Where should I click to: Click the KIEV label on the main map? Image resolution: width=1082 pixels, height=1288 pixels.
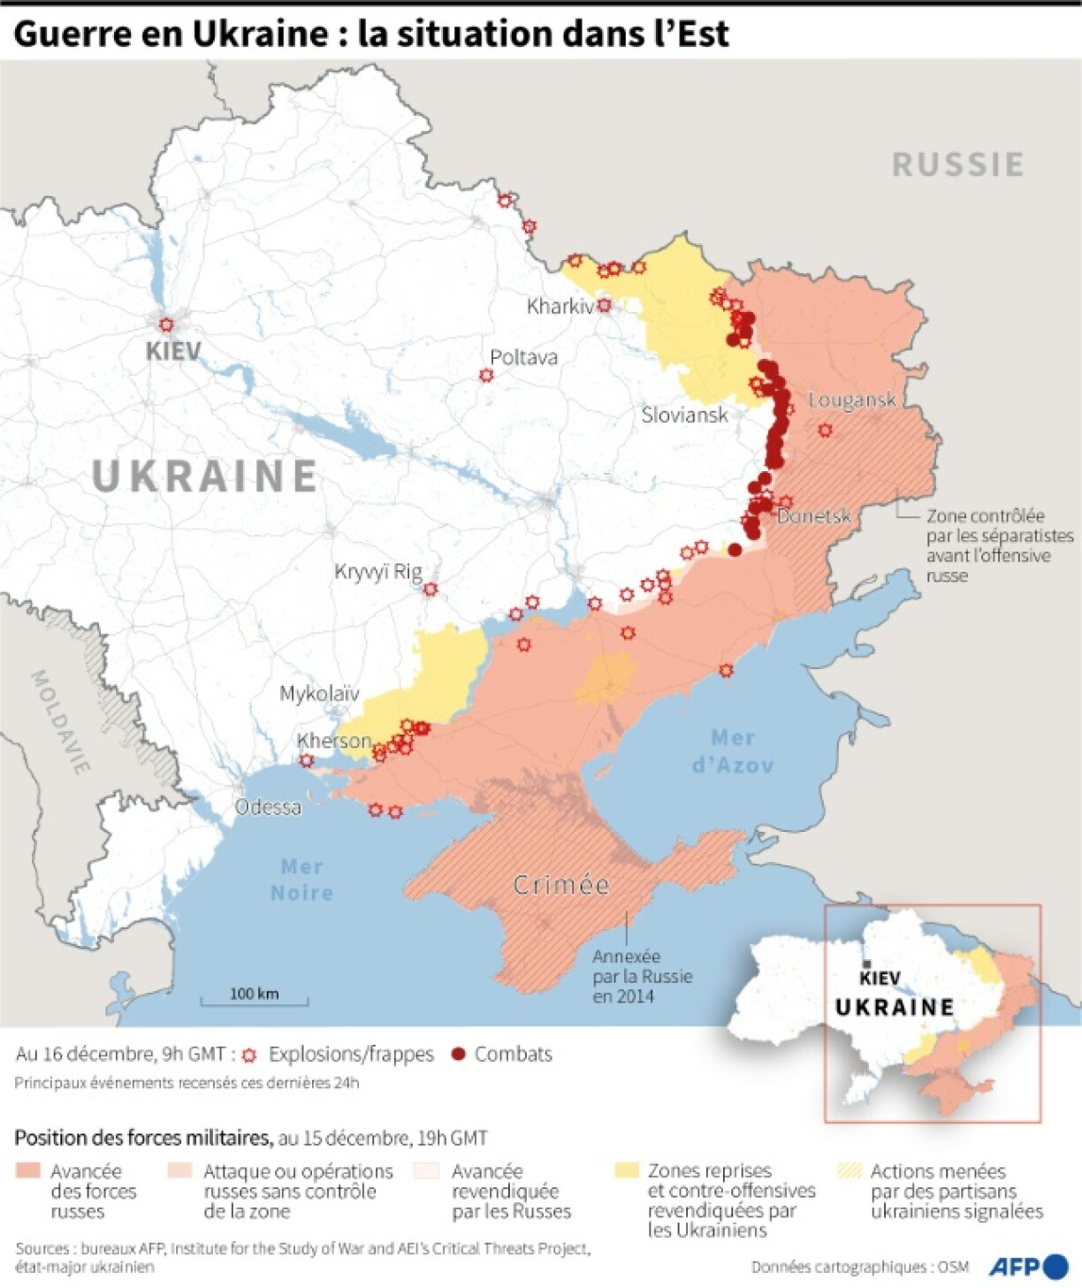pyautogui.click(x=173, y=351)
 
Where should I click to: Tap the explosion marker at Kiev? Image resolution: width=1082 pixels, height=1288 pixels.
pyautogui.click(x=166, y=324)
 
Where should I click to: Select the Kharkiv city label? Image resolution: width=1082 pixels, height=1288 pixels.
pyautogui.click(x=560, y=307)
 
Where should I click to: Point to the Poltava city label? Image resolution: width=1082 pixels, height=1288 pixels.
pyautogui.click(x=523, y=357)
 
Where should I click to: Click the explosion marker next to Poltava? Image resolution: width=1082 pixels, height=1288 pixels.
pyautogui.click(x=485, y=375)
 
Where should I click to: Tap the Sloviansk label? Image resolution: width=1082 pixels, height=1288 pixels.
pyautogui.click(x=684, y=415)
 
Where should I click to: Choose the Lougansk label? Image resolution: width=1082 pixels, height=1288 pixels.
pyautogui.click(x=851, y=400)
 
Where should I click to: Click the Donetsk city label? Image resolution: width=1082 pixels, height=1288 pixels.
pyautogui.click(x=813, y=515)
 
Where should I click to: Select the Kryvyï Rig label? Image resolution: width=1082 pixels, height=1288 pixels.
pyautogui.click(x=377, y=572)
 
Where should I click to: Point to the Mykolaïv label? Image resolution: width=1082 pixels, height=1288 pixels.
pyautogui.click(x=319, y=693)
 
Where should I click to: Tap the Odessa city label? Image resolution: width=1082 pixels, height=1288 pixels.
pyautogui.click(x=267, y=807)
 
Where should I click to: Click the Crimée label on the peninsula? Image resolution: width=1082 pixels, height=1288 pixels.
pyautogui.click(x=561, y=885)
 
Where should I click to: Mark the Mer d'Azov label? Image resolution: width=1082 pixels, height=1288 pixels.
pyautogui.click(x=733, y=751)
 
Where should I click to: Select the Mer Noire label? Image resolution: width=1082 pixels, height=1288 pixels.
pyautogui.click(x=301, y=880)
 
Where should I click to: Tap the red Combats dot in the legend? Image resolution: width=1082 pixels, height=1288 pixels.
pyautogui.click(x=458, y=1054)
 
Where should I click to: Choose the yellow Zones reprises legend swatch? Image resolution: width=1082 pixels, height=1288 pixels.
pyautogui.click(x=626, y=1171)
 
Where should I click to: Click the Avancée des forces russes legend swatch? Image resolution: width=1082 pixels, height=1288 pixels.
pyautogui.click(x=27, y=1171)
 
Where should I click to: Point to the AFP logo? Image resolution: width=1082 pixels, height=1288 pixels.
pyautogui.click(x=1028, y=1266)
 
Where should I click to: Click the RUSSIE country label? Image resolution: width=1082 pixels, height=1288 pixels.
pyautogui.click(x=958, y=164)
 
